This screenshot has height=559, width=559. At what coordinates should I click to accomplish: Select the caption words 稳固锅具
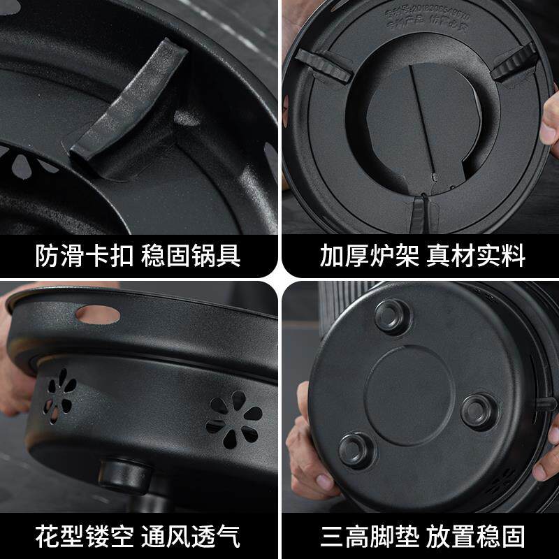tap(191, 256)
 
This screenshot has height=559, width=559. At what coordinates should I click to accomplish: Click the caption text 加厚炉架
tap(368, 256)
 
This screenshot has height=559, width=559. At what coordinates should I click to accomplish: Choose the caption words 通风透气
tap(191, 537)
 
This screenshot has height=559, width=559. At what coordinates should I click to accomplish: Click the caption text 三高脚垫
tap(368, 537)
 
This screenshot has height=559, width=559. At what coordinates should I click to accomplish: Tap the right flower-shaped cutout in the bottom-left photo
tap(234, 419)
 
